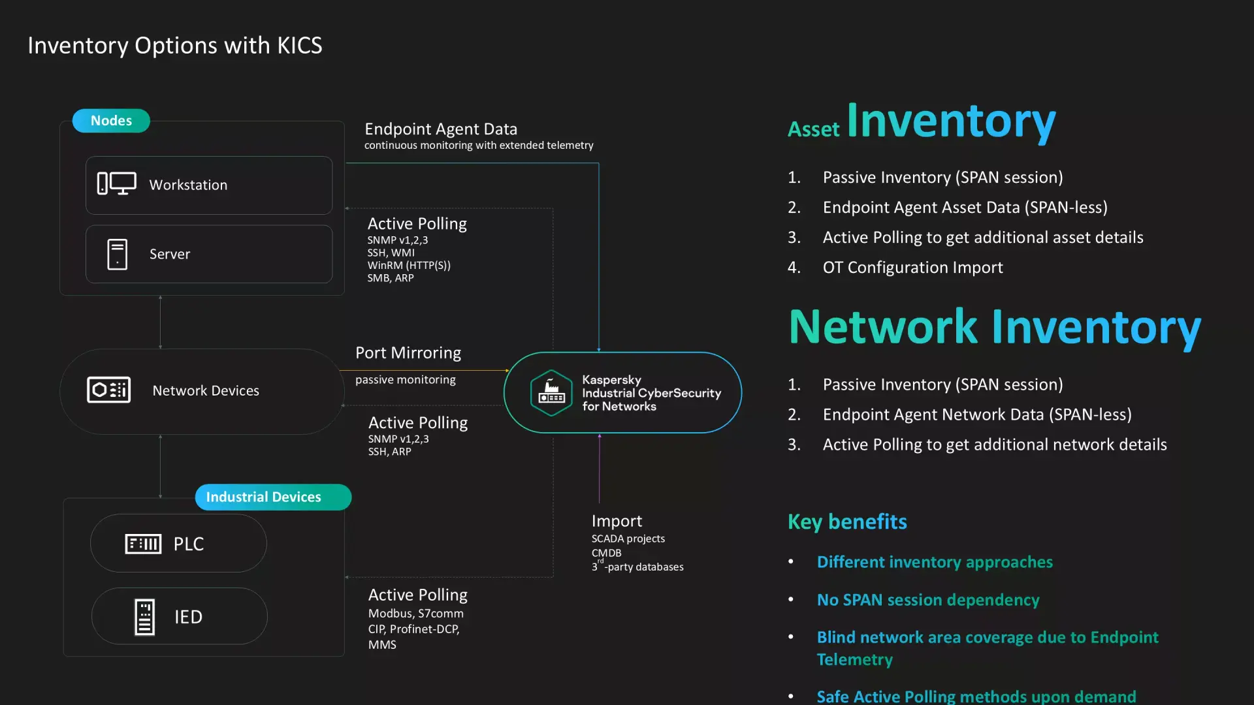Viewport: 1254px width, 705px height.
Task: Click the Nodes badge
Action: coord(111,121)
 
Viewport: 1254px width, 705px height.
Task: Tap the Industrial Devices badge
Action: coord(273,497)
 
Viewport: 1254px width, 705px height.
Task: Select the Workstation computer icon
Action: coord(117,184)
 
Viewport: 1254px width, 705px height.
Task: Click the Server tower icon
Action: coord(118,254)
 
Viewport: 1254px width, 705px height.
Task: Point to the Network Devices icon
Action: coord(109,390)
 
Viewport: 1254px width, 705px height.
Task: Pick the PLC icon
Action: coord(143,543)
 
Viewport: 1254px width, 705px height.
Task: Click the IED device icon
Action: coord(144,616)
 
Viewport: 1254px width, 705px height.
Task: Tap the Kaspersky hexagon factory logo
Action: coord(551,393)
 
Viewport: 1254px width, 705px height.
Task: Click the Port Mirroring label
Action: coord(408,352)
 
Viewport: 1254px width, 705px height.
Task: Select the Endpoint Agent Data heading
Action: coord(441,129)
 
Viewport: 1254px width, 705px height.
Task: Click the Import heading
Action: coord(617,520)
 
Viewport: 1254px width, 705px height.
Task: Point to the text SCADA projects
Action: coord(628,539)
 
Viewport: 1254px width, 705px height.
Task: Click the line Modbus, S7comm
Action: coord(416,613)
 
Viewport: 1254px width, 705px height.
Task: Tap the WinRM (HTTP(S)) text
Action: coord(409,265)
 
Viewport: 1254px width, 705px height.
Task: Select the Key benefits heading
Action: coord(847,522)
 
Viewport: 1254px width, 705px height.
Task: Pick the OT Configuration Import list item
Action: coord(912,267)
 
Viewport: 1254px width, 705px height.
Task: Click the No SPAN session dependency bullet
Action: coord(928,599)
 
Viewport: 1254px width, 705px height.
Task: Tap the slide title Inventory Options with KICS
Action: coord(175,45)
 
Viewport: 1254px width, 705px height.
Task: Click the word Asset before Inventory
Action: coord(813,129)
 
